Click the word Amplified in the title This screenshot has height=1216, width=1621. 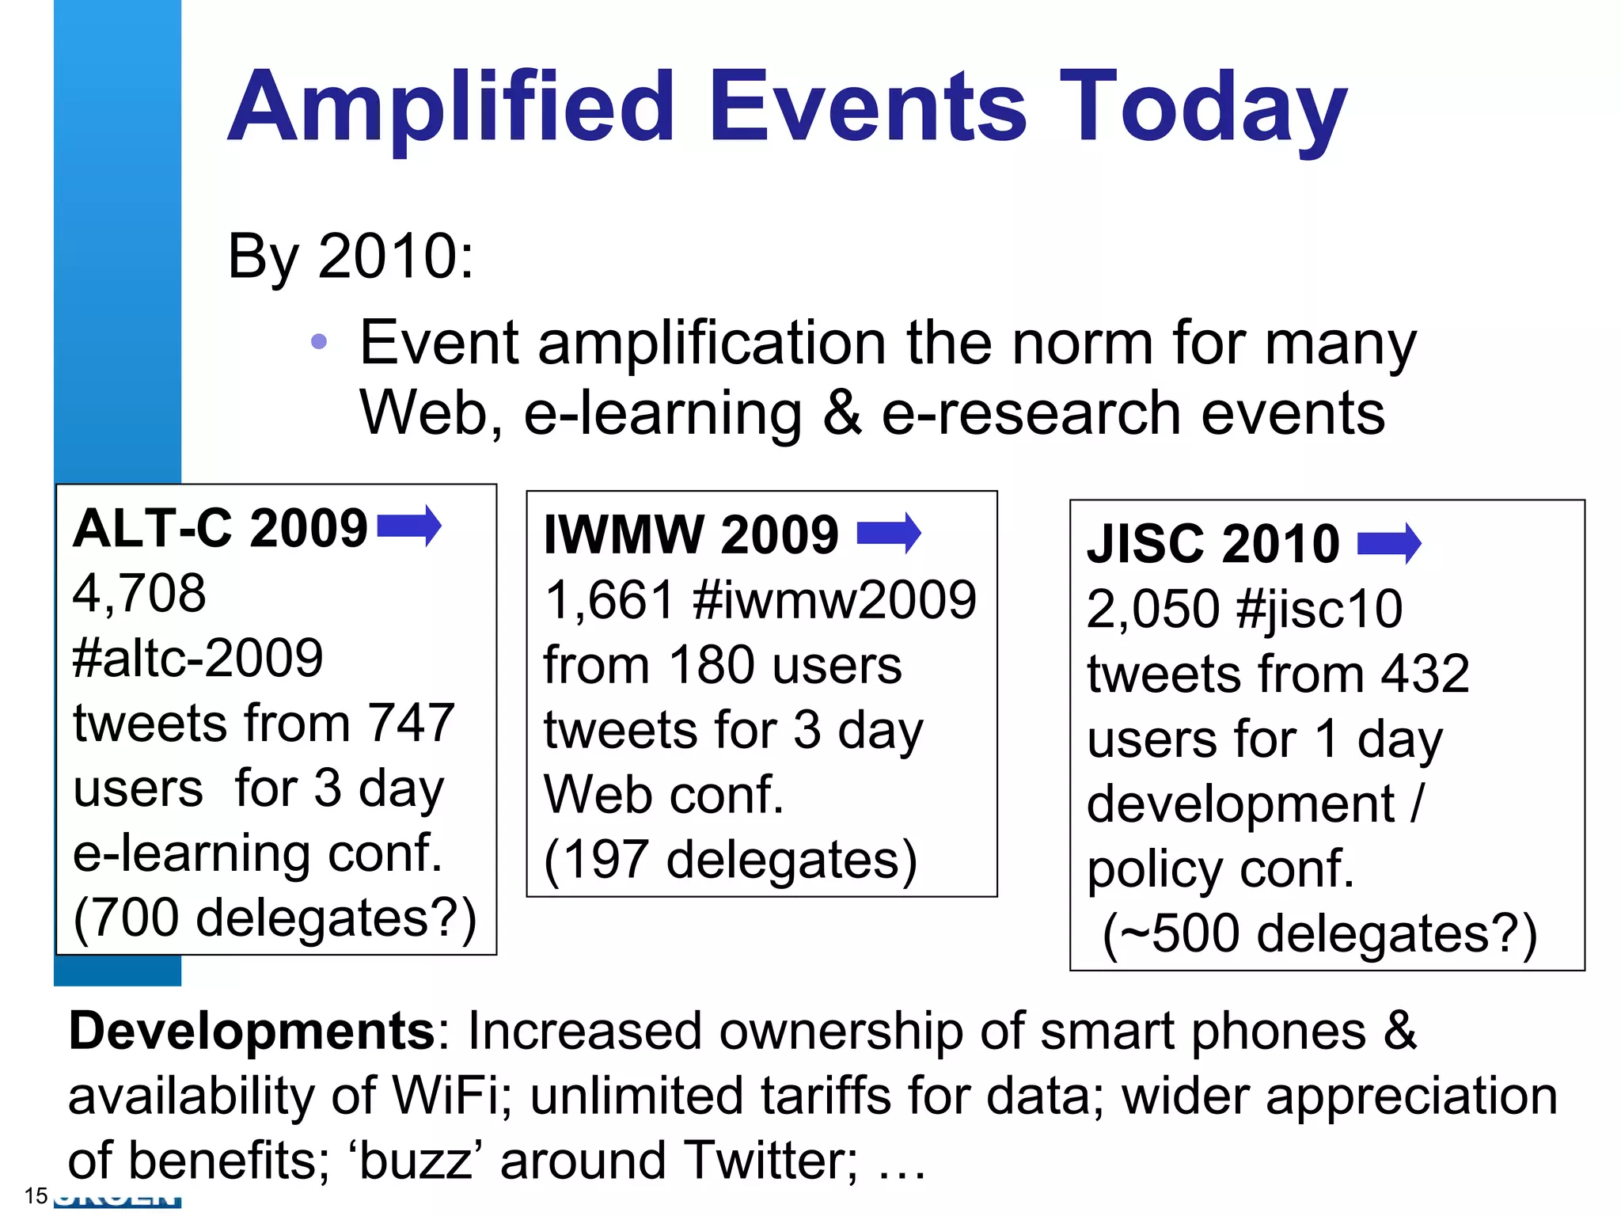click(451, 107)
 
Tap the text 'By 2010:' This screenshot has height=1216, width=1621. click(351, 256)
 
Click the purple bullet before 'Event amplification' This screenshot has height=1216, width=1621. click(319, 342)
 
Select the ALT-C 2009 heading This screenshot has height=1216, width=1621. click(220, 528)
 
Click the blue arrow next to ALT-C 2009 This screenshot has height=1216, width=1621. click(409, 526)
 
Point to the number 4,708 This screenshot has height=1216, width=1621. click(139, 593)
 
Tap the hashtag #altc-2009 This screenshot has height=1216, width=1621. click(198, 658)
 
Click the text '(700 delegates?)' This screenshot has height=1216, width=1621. click(275, 918)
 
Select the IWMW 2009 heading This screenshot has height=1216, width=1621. click(691, 534)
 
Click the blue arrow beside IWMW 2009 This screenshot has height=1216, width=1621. click(889, 532)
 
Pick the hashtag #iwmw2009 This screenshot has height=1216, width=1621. click(834, 599)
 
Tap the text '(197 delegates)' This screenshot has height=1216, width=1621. click(731, 860)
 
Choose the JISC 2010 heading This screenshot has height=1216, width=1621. click(1213, 544)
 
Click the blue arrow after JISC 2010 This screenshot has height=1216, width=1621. click(1389, 543)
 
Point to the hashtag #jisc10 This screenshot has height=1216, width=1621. click(1319, 609)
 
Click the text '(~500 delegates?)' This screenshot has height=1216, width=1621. click(1319, 934)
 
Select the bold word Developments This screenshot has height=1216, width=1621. click(252, 1032)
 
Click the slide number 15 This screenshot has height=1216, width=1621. click(36, 1195)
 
